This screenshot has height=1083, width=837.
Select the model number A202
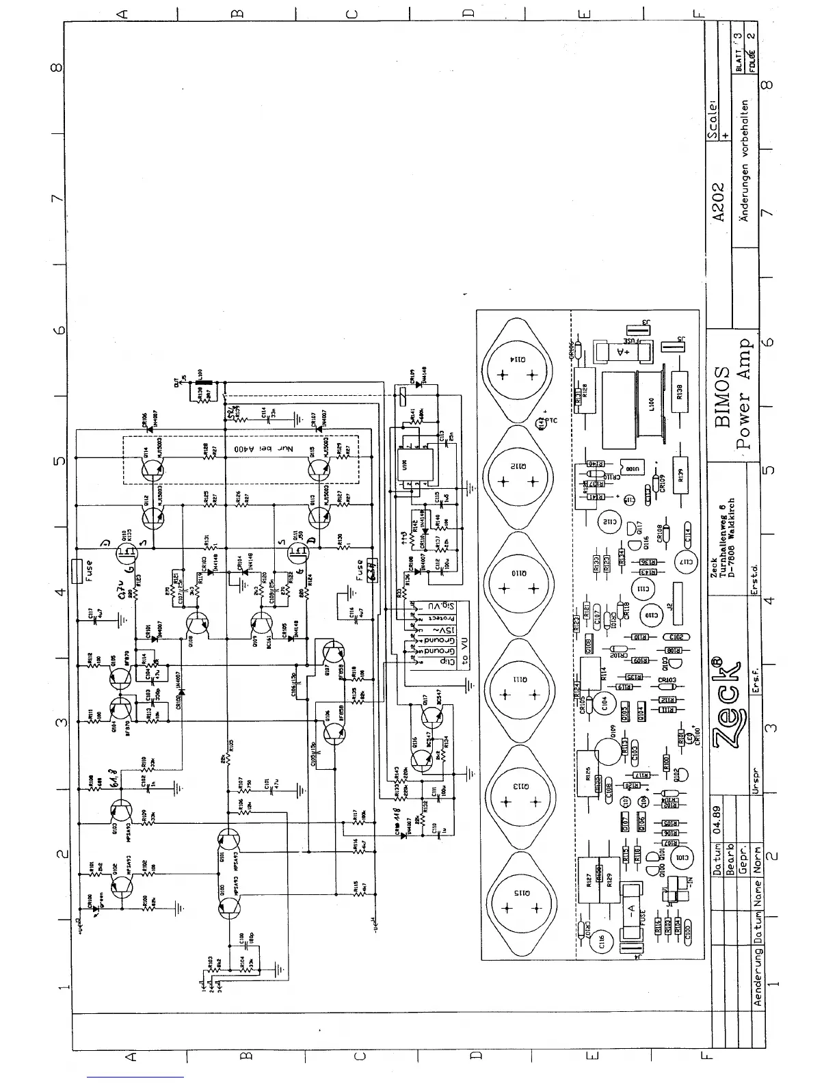[x=717, y=202]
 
